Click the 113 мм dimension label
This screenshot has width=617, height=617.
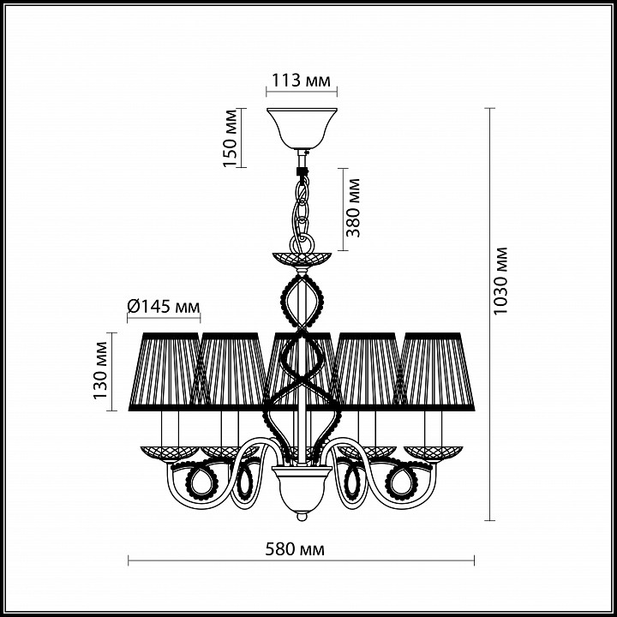[302, 81]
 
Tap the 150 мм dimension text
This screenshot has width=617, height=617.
[230, 138]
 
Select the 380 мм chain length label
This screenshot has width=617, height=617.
[352, 207]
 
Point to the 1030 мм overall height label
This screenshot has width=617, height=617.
[500, 280]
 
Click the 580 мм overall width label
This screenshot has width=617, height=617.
[295, 549]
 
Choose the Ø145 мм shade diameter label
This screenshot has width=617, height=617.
[164, 306]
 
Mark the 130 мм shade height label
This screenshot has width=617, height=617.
[100, 370]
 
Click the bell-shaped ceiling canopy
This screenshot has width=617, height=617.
[302, 128]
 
